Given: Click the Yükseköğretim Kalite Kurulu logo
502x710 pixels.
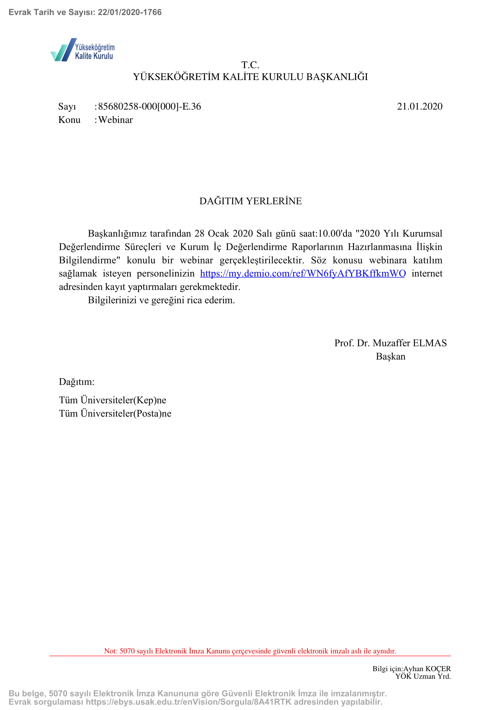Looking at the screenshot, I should pyautogui.click(x=83, y=50).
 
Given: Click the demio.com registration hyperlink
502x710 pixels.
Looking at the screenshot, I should pyautogui.click(x=303, y=273).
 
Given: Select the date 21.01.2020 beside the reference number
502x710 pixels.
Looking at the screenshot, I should pyautogui.click(x=419, y=106).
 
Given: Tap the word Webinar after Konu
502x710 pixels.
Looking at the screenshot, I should pyautogui.click(x=116, y=120).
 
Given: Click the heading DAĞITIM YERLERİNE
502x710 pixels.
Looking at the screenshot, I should pyautogui.click(x=250, y=201).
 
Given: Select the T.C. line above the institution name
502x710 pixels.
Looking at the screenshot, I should pyautogui.click(x=250, y=65).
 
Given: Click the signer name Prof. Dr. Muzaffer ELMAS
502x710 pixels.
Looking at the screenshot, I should pyautogui.click(x=390, y=343).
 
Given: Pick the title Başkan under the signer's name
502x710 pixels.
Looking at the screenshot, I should pyautogui.click(x=390, y=357).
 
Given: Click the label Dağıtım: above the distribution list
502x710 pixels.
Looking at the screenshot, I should pyautogui.click(x=77, y=382).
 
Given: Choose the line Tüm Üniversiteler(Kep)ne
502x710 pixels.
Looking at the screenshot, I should pyautogui.click(x=113, y=400).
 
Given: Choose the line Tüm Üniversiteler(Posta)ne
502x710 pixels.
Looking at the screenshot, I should pyautogui.click(x=115, y=413).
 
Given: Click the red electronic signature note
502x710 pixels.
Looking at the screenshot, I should pyautogui.click(x=250, y=651).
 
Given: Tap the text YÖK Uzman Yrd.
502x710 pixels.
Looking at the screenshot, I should pyautogui.click(x=423, y=676).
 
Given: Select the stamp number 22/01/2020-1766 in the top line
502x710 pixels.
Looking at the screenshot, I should pyautogui.click(x=130, y=12).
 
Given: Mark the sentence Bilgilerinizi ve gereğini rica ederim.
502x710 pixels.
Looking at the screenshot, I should pyautogui.click(x=161, y=300).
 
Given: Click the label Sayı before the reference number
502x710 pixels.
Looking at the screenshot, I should pyautogui.click(x=67, y=106).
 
